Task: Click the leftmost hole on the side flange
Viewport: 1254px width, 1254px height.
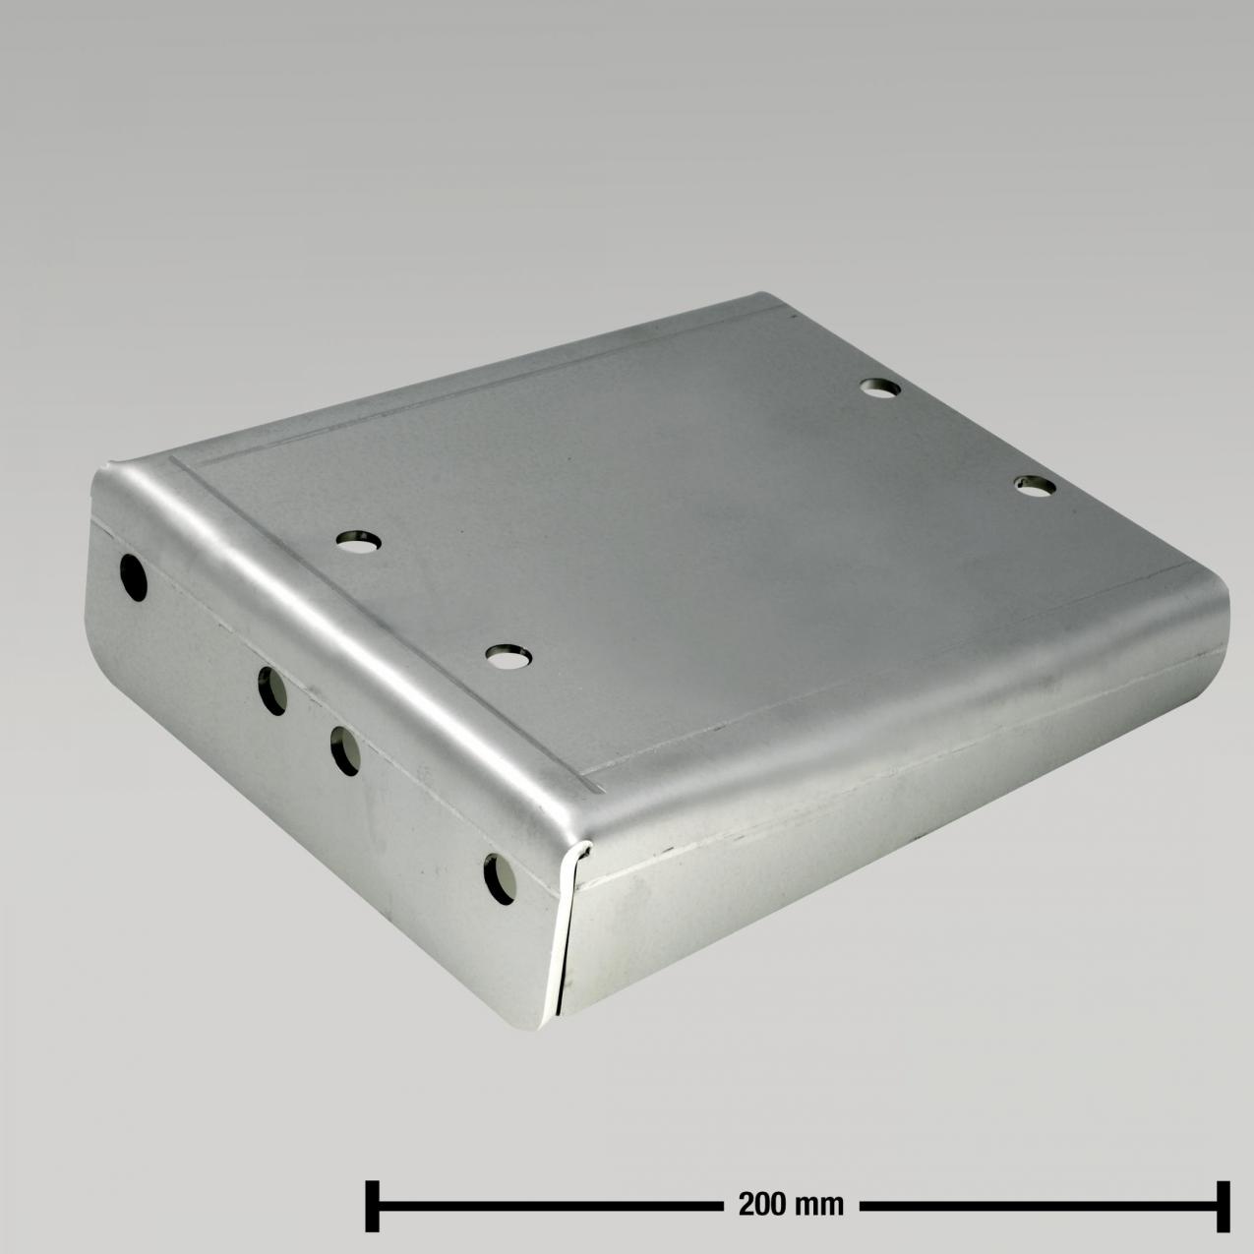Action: coord(134,578)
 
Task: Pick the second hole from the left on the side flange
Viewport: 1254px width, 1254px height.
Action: coord(272,690)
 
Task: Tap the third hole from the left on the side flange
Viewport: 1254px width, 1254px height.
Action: coord(345,751)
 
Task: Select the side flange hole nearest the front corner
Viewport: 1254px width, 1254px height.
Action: coord(500,880)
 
